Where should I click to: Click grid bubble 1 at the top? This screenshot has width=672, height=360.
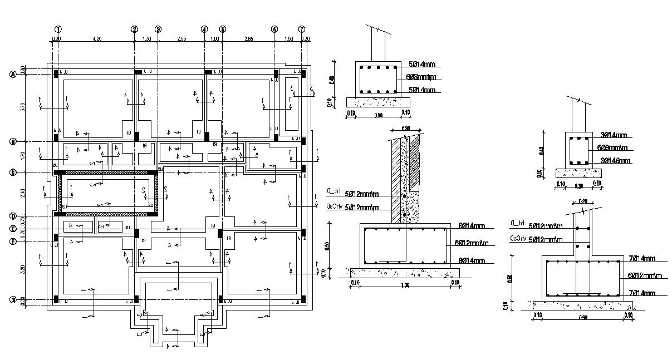(57, 29)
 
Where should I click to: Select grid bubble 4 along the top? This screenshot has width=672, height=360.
(204, 29)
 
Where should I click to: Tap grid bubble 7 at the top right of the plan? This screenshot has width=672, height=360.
(302, 29)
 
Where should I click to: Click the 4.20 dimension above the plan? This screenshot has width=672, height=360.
(96, 38)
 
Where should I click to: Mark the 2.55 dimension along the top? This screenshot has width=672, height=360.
(181, 38)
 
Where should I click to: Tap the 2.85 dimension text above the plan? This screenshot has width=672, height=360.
(248, 38)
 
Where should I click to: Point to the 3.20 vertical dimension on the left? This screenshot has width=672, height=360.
(22, 270)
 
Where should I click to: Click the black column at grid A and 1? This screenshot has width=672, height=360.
(57, 72)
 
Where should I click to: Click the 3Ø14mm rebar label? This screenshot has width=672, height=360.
(614, 135)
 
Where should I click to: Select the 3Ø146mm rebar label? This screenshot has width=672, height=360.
(616, 161)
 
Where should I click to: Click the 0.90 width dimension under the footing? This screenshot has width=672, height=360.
(582, 317)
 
